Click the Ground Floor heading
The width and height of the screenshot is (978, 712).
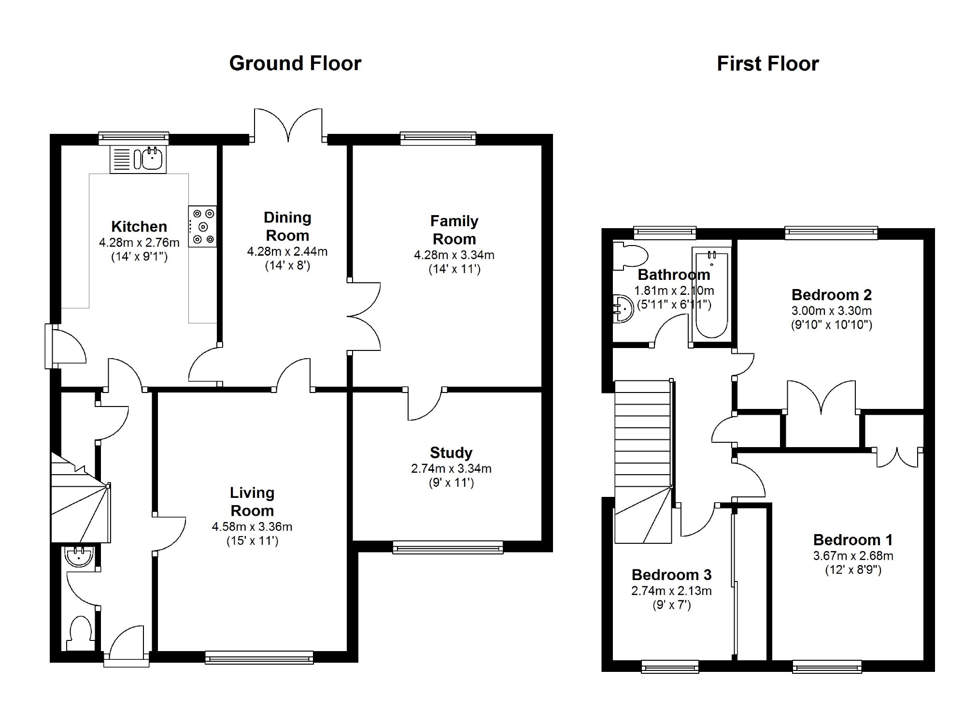[295, 63]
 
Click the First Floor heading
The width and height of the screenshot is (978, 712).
[768, 64]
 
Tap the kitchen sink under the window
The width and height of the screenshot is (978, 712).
[138, 159]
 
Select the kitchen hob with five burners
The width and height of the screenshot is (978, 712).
[202, 226]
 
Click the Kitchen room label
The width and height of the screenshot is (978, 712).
[139, 226]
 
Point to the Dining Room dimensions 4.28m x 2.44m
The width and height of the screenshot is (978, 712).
[287, 251]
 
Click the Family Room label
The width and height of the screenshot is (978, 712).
[454, 230]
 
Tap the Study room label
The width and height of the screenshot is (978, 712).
[451, 452]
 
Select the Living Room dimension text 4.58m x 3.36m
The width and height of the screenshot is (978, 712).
[252, 526]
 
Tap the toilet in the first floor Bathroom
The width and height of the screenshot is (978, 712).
[630, 256]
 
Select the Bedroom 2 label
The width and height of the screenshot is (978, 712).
[832, 294]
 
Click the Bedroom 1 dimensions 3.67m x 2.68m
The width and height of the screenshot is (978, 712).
[853, 556]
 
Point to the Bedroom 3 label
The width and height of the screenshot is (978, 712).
[671, 575]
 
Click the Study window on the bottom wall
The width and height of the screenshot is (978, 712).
[448, 548]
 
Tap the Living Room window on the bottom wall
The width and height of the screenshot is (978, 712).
[259, 657]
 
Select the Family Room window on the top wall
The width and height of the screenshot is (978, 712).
[438, 139]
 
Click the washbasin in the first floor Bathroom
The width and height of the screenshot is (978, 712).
[623, 308]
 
